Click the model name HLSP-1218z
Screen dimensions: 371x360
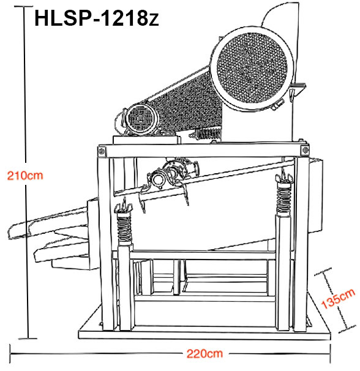point(97,18)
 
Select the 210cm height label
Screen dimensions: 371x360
point(24,175)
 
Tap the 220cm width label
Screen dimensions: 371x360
point(205,353)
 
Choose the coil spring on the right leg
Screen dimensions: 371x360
point(283,195)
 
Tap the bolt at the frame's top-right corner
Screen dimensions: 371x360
point(304,150)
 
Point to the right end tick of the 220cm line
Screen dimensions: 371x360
point(331,354)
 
